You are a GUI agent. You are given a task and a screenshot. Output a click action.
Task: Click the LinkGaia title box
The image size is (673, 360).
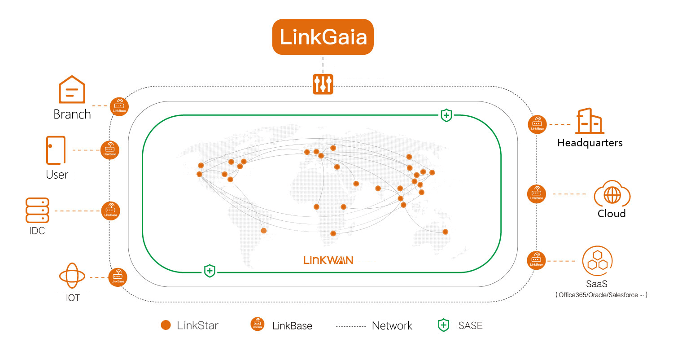(x=323, y=37)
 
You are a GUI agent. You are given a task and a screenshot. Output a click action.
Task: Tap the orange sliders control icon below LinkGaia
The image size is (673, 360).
(x=323, y=84)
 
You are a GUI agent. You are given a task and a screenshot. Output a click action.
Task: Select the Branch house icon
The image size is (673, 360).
(x=72, y=89)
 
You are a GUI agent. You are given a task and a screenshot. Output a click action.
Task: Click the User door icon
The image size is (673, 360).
(x=56, y=150)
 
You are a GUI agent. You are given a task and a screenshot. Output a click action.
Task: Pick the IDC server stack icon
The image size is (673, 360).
(x=37, y=210)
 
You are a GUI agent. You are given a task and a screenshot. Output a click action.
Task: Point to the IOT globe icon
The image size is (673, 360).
(x=72, y=276)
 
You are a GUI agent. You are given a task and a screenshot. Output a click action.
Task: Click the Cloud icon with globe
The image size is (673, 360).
(x=612, y=194)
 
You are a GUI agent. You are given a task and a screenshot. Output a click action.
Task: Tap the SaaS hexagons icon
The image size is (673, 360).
(x=597, y=261)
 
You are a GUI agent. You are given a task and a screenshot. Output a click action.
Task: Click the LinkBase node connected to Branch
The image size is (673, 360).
(x=119, y=107)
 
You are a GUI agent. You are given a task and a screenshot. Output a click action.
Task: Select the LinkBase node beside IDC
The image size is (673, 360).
(x=110, y=211)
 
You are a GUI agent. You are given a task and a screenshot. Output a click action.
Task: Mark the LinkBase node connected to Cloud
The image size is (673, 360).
(x=537, y=194)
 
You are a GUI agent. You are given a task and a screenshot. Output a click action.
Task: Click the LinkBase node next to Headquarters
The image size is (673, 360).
(x=537, y=124)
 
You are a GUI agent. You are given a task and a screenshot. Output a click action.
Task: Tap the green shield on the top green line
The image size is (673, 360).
(x=446, y=115)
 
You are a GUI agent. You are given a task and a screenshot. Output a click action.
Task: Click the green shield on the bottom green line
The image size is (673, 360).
(x=210, y=271)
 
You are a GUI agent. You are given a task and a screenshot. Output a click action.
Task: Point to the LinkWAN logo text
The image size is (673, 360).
(x=328, y=260)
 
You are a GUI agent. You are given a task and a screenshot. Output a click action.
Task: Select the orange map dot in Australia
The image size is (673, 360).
(x=445, y=232)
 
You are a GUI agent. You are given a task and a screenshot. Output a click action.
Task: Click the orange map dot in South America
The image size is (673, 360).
(x=263, y=231)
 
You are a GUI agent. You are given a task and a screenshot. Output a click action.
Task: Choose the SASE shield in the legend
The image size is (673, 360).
(x=443, y=325)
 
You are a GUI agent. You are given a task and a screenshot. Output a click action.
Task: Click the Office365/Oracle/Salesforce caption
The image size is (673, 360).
(x=601, y=295)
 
